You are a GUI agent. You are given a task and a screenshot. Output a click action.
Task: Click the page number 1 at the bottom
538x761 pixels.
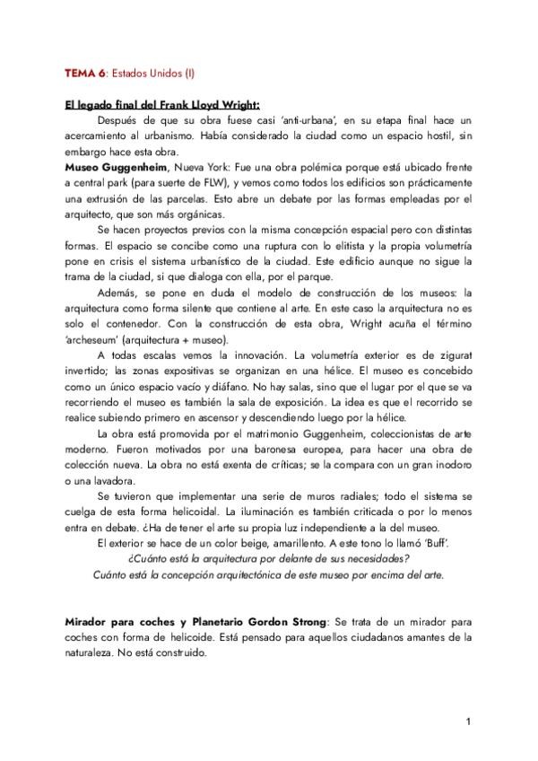pos(469,722)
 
